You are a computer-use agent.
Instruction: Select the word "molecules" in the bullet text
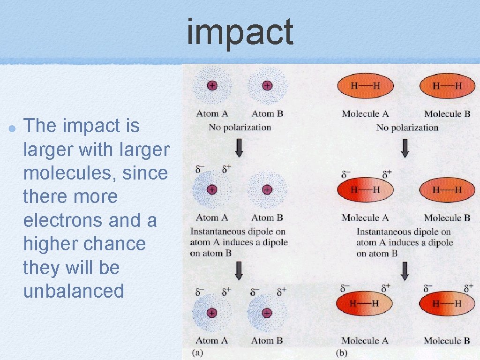68,173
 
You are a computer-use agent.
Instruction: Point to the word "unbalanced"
74,291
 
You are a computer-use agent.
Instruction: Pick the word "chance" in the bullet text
119,244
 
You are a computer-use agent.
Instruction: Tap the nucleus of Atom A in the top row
212,86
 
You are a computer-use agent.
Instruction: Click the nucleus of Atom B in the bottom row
267,313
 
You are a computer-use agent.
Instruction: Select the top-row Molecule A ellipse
365,86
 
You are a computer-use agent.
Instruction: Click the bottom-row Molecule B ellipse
447,303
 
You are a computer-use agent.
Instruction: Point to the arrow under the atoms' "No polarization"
239,149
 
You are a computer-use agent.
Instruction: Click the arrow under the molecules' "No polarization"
405,149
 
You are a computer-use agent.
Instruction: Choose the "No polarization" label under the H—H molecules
407,127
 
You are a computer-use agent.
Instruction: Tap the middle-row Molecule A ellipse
365,190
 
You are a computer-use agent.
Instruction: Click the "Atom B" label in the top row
267,113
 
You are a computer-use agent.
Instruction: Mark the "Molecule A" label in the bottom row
365,341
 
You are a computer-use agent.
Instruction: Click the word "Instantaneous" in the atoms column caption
218,232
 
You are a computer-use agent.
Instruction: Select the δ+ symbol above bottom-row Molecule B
468,287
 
